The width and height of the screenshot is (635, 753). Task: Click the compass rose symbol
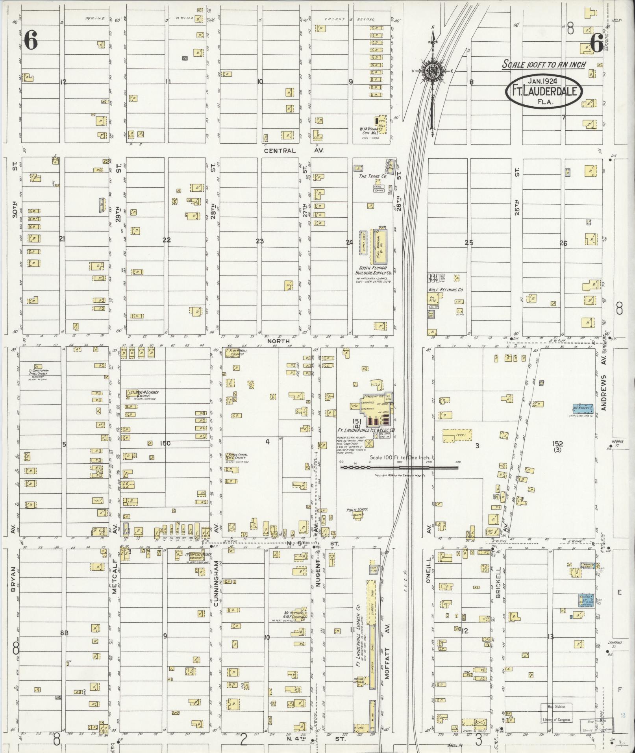[433, 71]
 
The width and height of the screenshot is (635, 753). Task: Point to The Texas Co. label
[370, 177]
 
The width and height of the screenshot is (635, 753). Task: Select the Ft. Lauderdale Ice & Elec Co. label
[366, 431]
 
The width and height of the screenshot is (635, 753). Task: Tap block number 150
[165, 443]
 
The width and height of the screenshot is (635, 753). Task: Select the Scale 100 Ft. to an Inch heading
[544, 64]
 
